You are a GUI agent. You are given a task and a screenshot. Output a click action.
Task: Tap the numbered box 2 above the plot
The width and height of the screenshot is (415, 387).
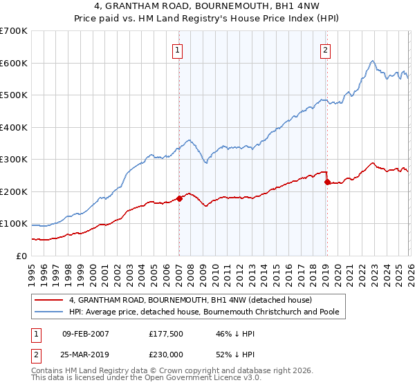pos(325,50)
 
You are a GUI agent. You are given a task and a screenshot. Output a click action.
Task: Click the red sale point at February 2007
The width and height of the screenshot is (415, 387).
pos(179,198)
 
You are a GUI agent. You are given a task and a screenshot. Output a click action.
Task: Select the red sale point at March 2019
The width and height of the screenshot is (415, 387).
pos(327,182)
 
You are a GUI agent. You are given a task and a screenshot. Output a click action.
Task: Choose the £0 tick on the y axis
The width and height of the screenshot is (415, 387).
pos(21,256)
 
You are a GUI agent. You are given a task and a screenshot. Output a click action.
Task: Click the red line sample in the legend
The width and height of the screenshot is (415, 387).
pos(48,301)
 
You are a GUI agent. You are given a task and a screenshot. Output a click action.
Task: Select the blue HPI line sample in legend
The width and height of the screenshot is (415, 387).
pos(48,312)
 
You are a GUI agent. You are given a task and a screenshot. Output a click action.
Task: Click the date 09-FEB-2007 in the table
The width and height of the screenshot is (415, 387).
pos(86,334)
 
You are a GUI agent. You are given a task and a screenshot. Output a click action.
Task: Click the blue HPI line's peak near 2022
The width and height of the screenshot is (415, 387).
pos(372,61)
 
